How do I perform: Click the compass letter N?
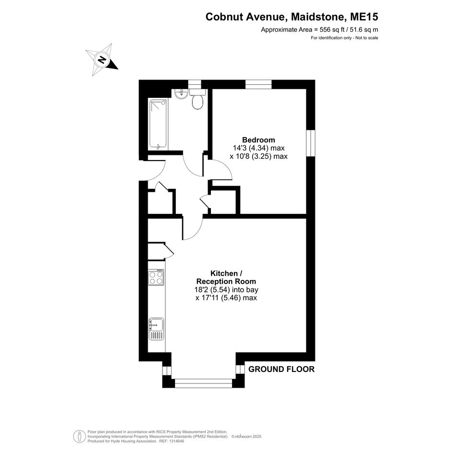click(102, 60)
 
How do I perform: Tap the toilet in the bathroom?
click(197, 99)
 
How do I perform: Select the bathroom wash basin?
click(182, 93)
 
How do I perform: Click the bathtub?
click(158, 125)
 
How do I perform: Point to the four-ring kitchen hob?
click(156, 277)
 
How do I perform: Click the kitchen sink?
click(156, 329)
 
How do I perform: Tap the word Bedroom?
click(258, 140)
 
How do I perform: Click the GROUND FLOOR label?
click(281, 369)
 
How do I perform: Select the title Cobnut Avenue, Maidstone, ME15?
click(291, 17)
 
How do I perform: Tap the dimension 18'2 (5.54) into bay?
click(226, 290)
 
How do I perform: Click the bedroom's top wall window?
click(258, 84)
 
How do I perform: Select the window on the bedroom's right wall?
click(311, 143)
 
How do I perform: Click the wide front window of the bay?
click(204, 383)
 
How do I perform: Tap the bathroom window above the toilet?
click(195, 84)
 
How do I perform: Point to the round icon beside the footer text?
click(79, 436)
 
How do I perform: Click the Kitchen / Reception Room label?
click(226, 278)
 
